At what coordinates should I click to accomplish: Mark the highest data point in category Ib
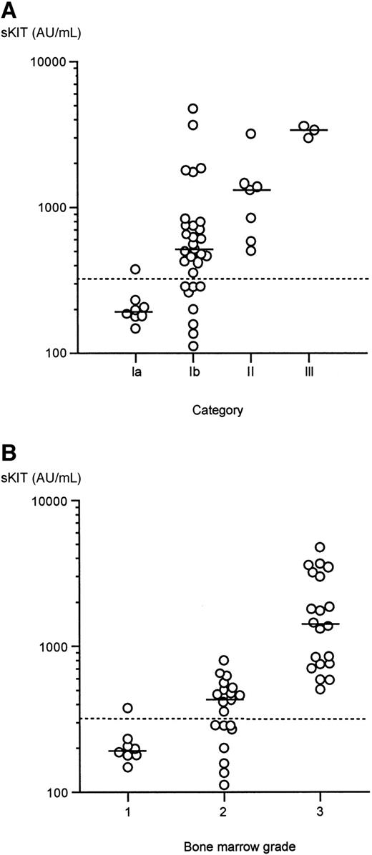pos(193,109)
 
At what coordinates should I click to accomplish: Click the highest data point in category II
pos(250,134)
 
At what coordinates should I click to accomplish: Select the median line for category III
pos(308,130)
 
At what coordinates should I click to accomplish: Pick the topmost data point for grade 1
pos(128,708)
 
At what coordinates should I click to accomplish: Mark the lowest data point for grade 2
pos(224,784)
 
